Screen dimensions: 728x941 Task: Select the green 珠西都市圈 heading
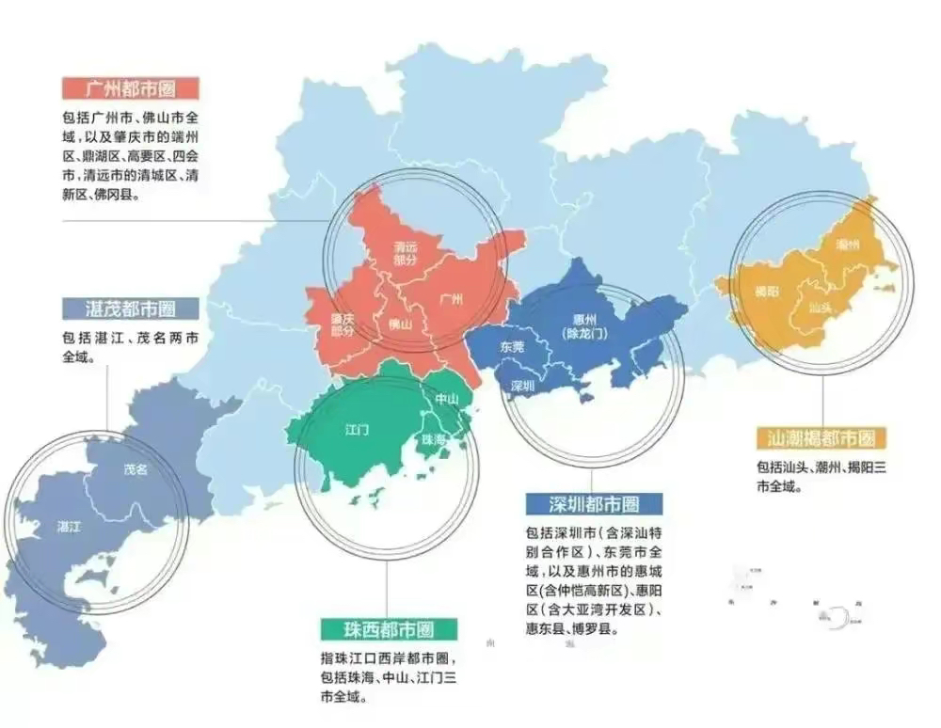388,628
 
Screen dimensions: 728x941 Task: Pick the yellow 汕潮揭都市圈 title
816,437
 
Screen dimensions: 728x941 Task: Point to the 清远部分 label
406,253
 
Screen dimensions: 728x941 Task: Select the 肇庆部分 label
343,324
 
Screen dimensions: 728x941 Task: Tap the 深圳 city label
522,386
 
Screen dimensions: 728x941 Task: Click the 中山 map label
446,399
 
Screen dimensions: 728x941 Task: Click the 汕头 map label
820,307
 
